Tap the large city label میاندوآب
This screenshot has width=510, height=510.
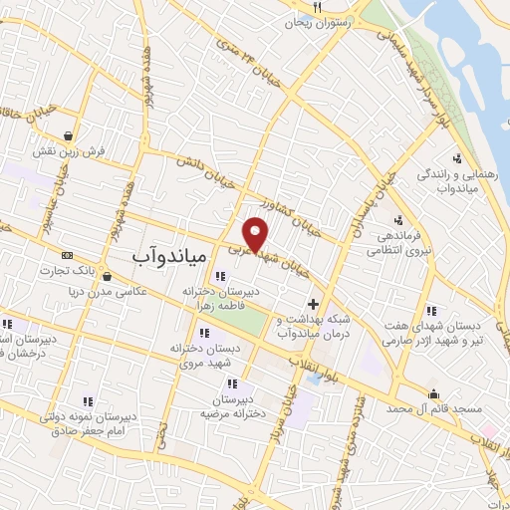(x=168, y=256)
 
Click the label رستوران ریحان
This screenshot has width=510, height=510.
(x=325, y=20)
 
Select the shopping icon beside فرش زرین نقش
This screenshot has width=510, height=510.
(x=67, y=136)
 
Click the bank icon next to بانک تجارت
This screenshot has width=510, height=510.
(x=67, y=255)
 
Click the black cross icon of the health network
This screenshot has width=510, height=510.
(x=314, y=303)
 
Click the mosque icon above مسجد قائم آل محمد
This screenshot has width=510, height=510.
(x=433, y=393)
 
